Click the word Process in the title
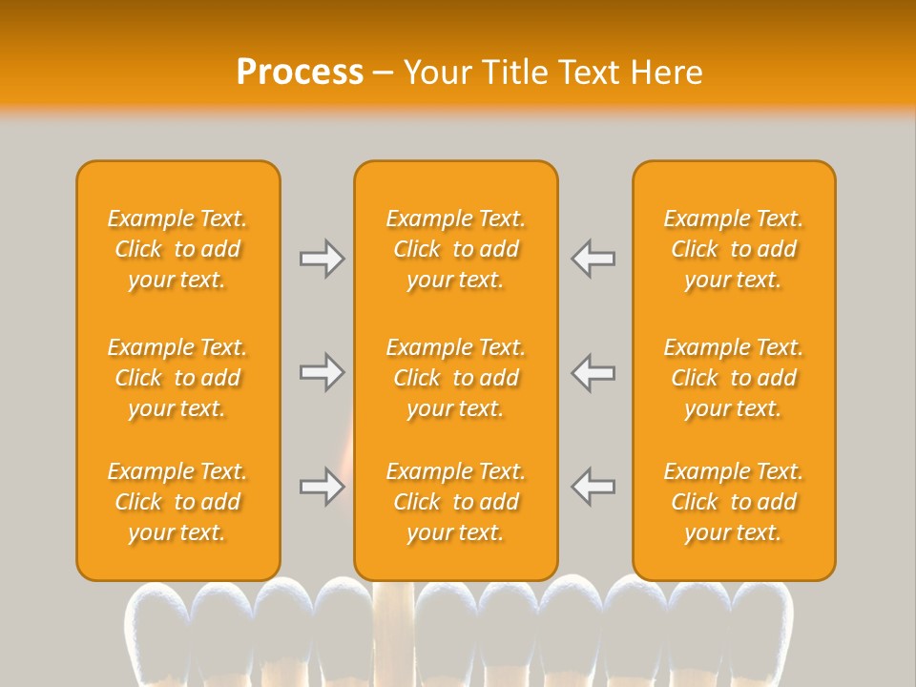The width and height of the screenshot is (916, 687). (x=300, y=73)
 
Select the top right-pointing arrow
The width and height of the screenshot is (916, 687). (x=322, y=259)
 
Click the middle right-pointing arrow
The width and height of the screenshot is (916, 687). (x=322, y=372)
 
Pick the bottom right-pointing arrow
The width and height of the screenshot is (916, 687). (x=322, y=487)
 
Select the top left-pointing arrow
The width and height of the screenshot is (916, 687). (x=593, y=259)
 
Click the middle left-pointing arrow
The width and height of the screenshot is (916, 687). (x=593, y=372)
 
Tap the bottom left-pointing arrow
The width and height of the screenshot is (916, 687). (x=593, y=487)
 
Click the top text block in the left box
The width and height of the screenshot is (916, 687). (x=177, y=249)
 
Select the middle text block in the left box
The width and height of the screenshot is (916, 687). (x=177, y=378)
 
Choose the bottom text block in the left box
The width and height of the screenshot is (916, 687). (x=177, y=502)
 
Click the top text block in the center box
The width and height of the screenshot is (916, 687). (x=456, y=249)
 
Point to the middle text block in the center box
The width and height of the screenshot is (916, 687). (x=456, y=378)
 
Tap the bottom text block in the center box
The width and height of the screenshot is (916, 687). (x=456, y=502)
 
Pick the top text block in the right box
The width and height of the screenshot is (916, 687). (x=734, y=249)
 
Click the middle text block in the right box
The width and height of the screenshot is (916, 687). (x=734, y=378)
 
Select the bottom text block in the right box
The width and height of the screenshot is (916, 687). (x=734, y=502)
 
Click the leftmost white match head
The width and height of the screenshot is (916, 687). (x=156, y=620)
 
